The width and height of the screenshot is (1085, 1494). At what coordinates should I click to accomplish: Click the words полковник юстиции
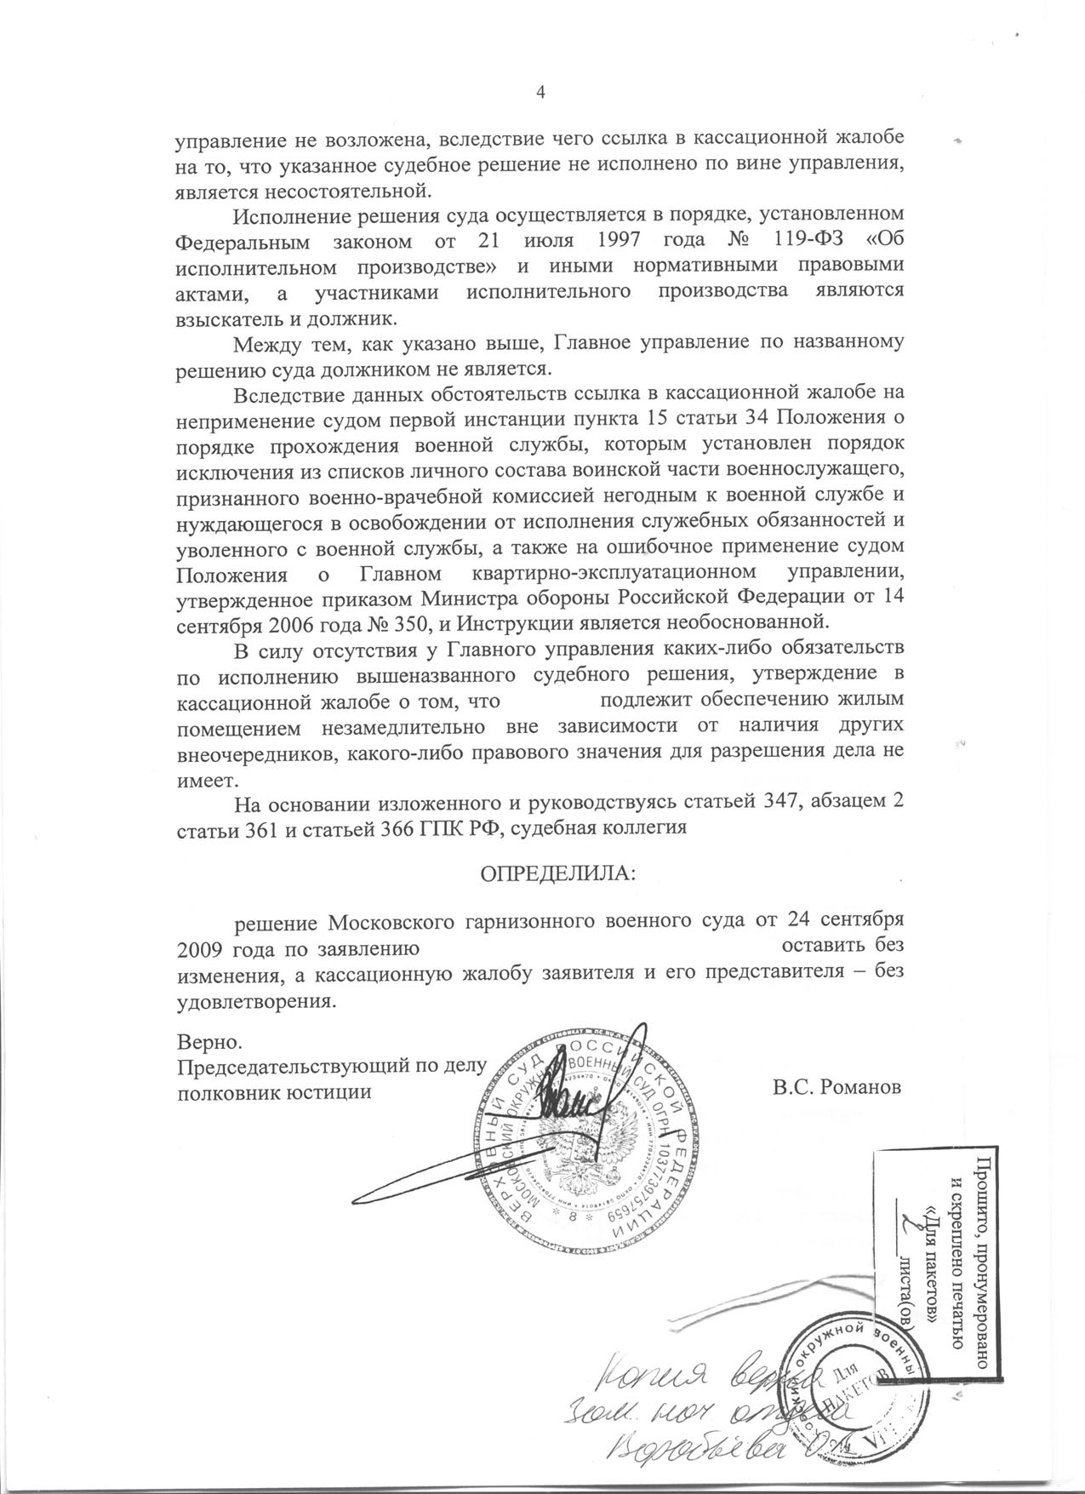pyautogui.click(x=273, y=1091)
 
